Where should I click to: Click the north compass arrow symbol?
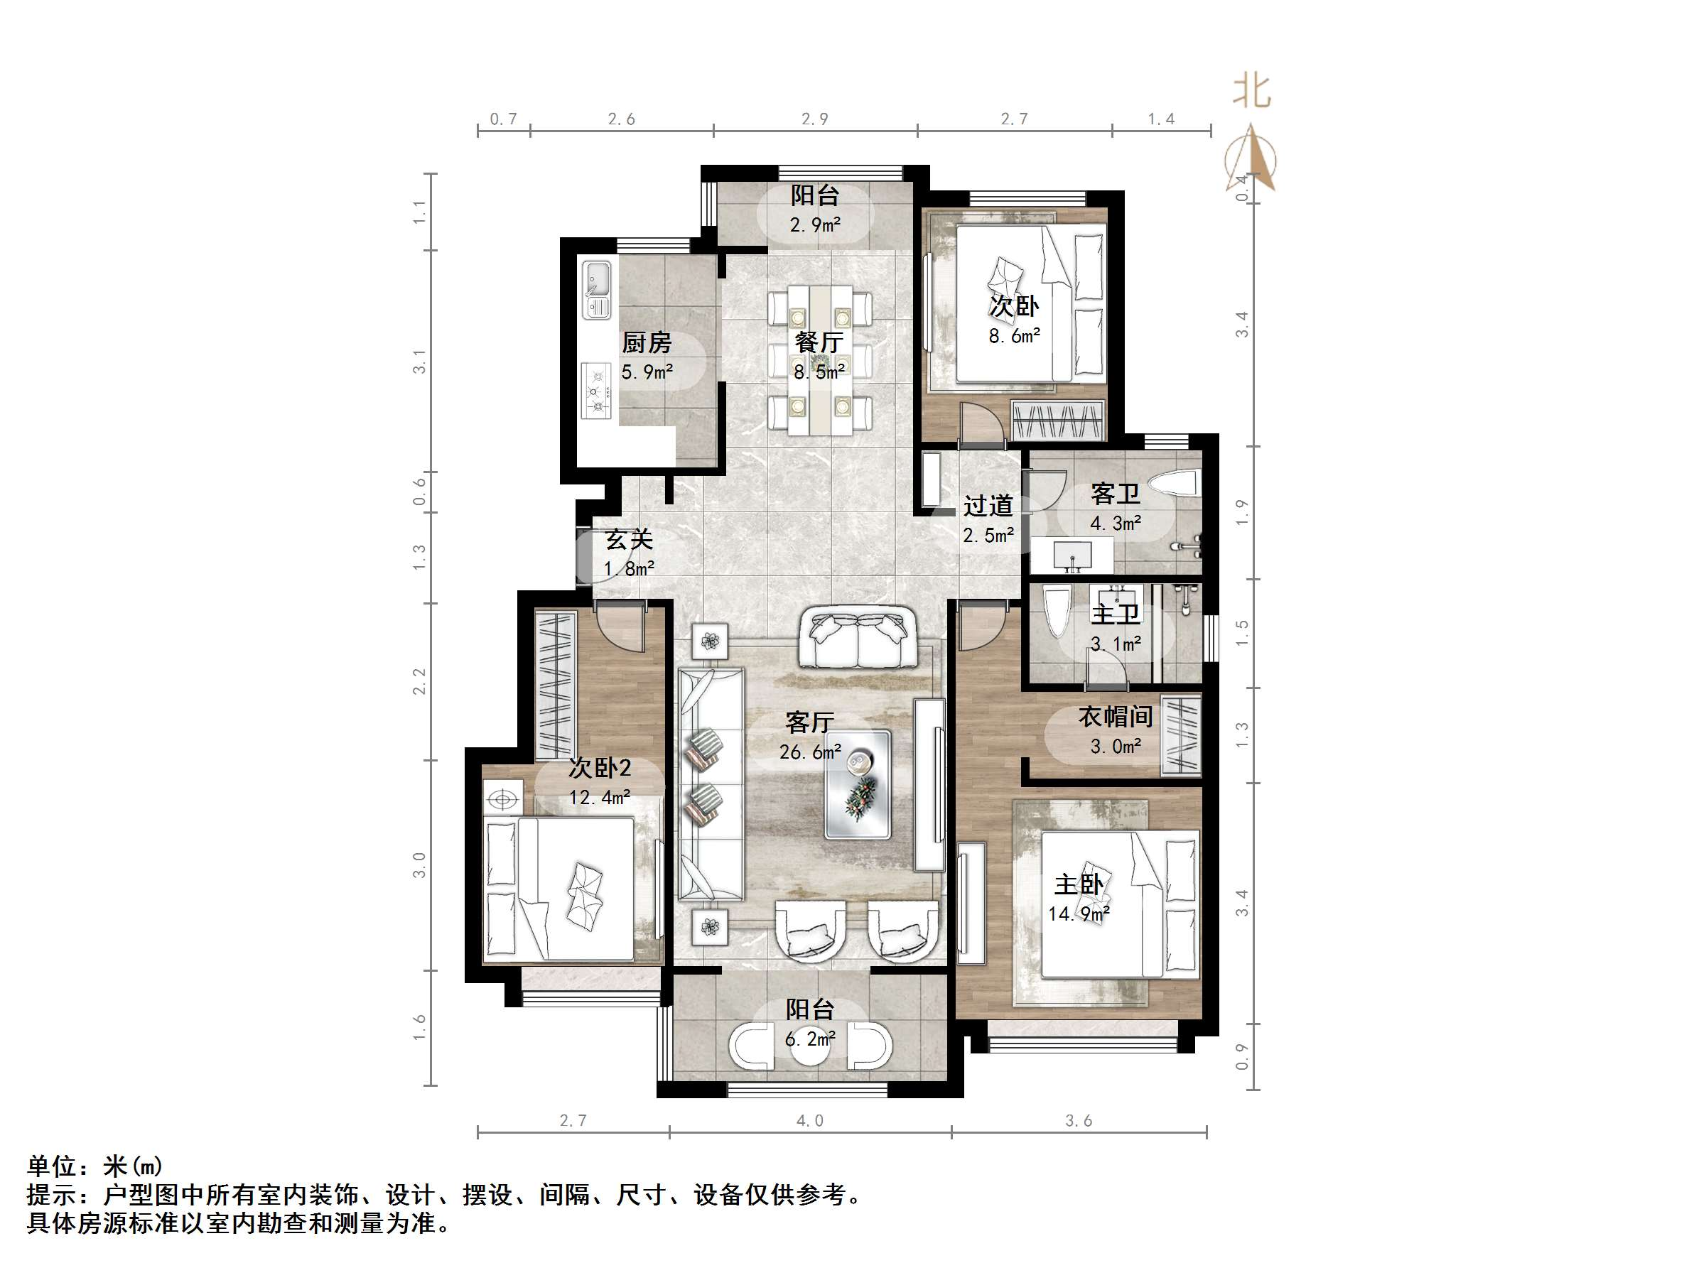click(x=1251, y=158)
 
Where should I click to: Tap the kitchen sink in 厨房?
click(x=597, y=289)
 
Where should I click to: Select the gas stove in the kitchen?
click(x=596, y=391)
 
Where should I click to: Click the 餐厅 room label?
click(x=819, y=342)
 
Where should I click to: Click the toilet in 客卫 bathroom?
click(x=1174, y=484)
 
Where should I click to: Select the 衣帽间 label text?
click(x=1116, y=716)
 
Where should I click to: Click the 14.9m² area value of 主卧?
click(x=1078, y=914)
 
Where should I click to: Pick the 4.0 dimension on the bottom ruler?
click(x=810, y=1121)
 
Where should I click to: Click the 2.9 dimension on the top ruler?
click(x=814, y=119)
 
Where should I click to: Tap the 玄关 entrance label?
click(x=629, y=540)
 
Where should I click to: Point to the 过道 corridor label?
click(x=988, y=506)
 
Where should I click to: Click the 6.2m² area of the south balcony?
click(x=810, y=1039)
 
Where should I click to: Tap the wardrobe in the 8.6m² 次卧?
click(x=1058, y=421)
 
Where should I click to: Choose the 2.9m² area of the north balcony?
click(x=814, y=224)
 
